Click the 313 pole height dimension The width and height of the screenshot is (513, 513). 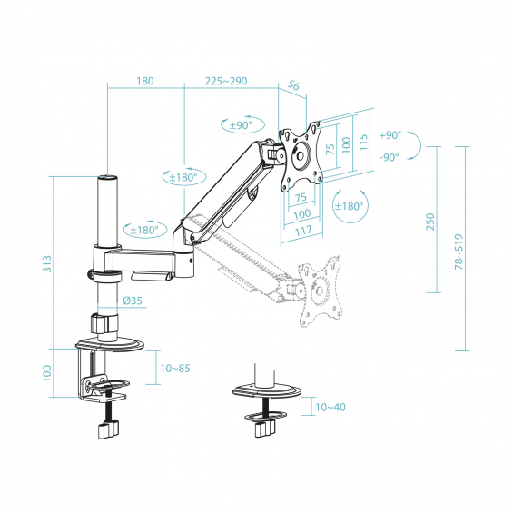[x=47, y=263]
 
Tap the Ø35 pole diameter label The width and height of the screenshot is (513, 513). [x=133, y=301]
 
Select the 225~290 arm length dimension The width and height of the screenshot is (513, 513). [x=226, y=81]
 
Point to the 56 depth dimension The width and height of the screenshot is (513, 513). [x=293, y=85]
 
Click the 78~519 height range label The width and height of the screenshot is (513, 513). [x=459, y=252]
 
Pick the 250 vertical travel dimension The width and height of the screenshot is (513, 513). [x=430, y=222]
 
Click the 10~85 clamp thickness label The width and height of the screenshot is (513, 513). [x=175, y=369]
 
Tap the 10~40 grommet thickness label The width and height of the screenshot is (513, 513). [x=330, y=407]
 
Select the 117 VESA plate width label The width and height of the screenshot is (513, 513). [x=303, y=231]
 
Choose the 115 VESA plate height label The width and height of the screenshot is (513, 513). [x=363, y=142]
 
